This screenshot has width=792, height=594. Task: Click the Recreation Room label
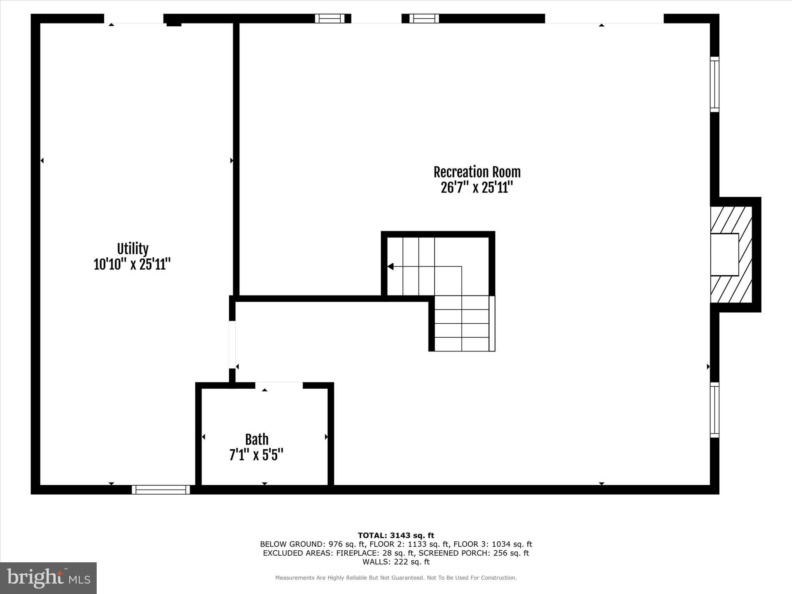tap(477, 172)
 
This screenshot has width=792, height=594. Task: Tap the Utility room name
tap(133, 249)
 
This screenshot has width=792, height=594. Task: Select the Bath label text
tap(257, 440)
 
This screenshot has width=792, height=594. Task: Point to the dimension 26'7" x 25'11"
tap(477, 188)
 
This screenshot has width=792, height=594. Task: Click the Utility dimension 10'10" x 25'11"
tap(132, 265)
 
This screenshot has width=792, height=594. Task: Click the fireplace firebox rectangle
tap(724, 254)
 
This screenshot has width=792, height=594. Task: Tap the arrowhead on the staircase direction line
tap(391, 266)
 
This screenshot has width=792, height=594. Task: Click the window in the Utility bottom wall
tap(161, 490)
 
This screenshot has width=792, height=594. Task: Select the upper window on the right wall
tap(715, 84)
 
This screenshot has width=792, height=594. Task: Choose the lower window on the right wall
tap(715, 410)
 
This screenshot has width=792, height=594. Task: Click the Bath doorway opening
tap(279, 385)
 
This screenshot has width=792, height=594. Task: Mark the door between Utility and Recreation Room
tap(232, 345)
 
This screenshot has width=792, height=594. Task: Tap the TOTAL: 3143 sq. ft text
tap(396, 536)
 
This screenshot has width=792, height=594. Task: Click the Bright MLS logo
tap(48, 578)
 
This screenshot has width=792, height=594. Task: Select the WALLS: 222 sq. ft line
tap(396, 562)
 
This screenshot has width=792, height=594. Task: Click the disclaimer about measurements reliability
tap(396, 578)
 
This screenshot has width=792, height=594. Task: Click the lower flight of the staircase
tap(462, 324)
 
